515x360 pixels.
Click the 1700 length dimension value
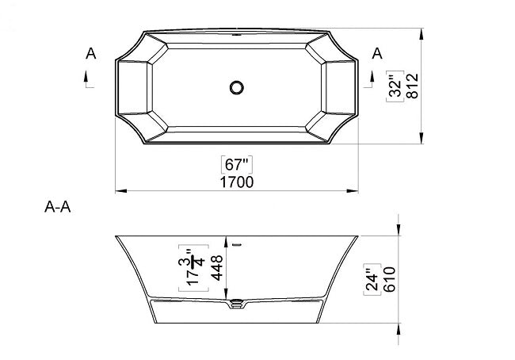pos(236,182)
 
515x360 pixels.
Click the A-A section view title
pos(59,209)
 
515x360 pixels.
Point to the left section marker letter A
pos(91,54)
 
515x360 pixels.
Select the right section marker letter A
pos(377,54)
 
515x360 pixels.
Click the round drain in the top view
pos(235,87)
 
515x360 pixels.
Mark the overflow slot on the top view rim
pos(235,35)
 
